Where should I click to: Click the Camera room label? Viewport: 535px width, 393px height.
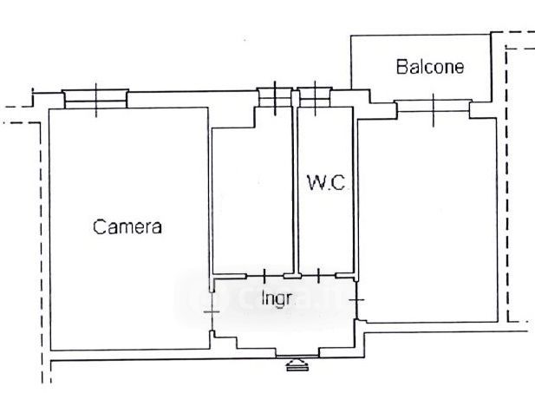coord(127,227)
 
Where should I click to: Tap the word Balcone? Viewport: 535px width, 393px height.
coord(430,66)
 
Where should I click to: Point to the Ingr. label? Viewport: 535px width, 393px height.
coord(277,299)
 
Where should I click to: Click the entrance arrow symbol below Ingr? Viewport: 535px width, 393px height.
coord(297,364)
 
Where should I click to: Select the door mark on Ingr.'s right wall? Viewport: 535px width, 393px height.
coord(359,299)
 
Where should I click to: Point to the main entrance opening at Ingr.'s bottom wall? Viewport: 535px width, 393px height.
coord(297,352)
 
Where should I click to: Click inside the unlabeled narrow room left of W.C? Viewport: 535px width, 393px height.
coord(253,195)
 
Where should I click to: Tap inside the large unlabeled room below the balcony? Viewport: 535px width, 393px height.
coord(428,217)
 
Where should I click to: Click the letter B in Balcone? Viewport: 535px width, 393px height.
coord(401,66)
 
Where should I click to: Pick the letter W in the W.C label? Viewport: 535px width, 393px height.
coord(314,183)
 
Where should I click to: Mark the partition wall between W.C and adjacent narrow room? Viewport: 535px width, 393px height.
coord(294,187)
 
